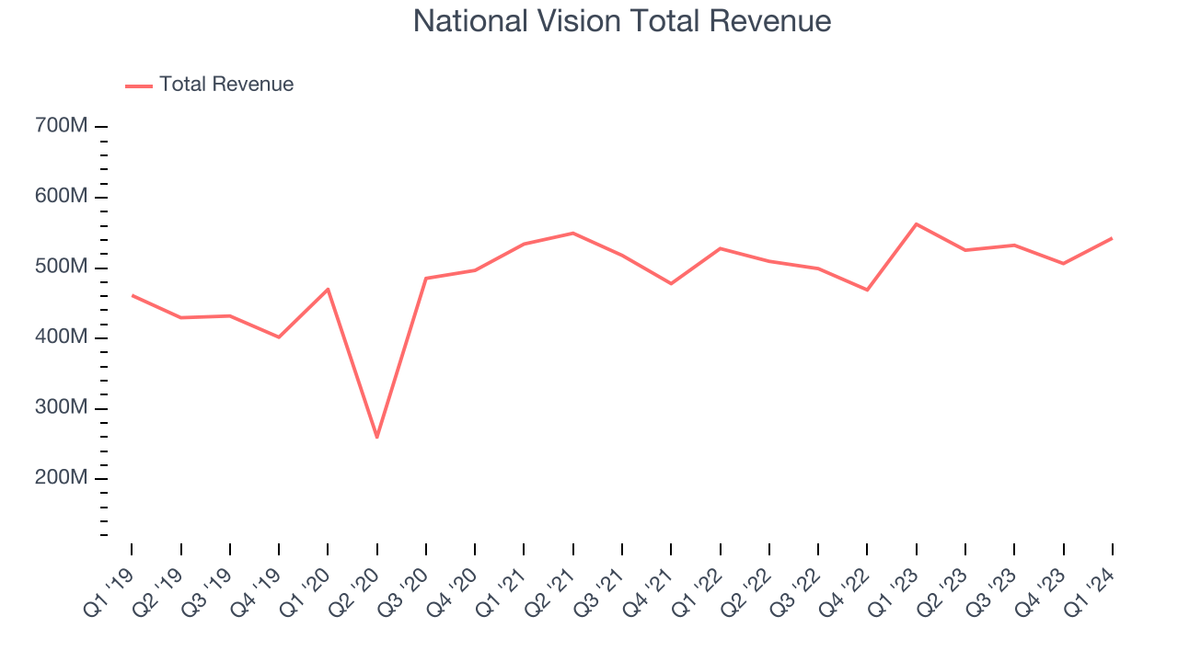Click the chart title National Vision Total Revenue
(622, 21)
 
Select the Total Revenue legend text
(226, 85)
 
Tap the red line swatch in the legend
(139, 86)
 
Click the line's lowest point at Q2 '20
(377, 437)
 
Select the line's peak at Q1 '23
(917, 224)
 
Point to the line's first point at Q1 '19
(133, 295)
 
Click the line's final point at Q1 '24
(1112, 238)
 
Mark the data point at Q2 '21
(573, 233)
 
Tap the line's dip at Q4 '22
(867, 290)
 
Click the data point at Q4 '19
(279, 337)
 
